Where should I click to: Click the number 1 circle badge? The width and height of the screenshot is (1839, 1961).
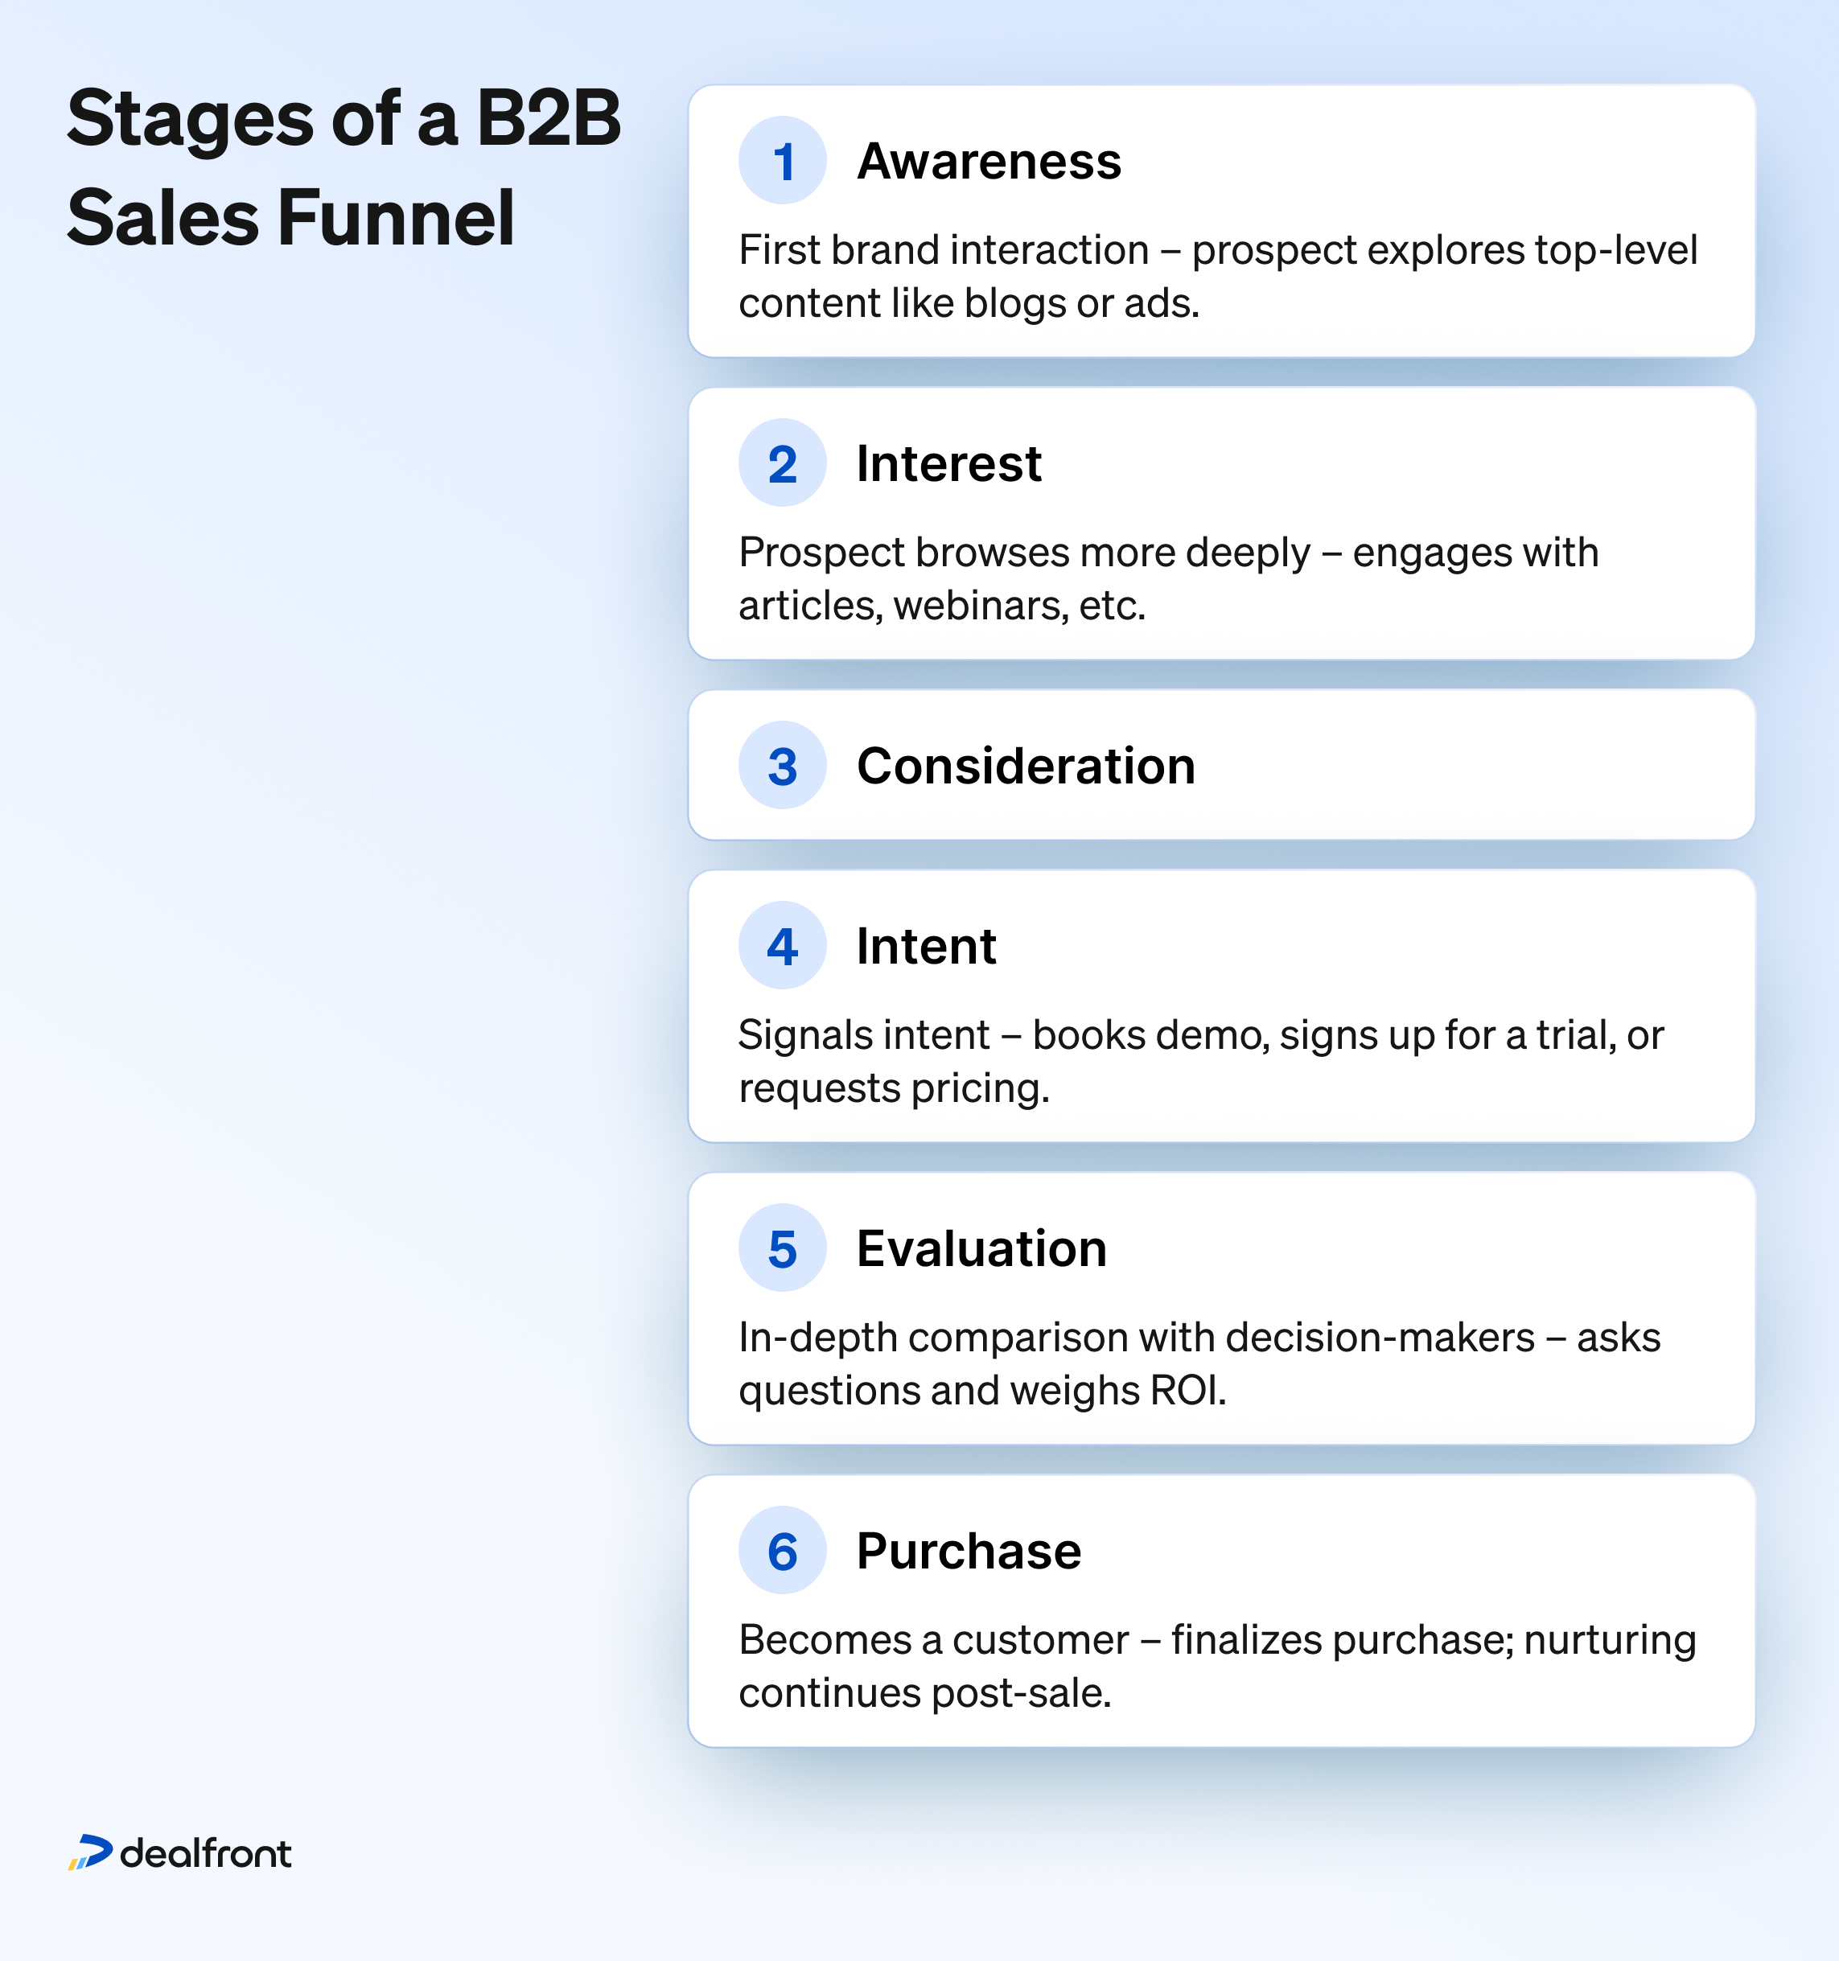[783, 161]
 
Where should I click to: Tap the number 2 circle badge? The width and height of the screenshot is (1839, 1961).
[783, 462]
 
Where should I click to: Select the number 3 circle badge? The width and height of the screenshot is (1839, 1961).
[783, 766]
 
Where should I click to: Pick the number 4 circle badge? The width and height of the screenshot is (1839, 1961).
[783, 946]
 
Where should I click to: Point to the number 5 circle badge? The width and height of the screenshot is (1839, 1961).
[783, 1248]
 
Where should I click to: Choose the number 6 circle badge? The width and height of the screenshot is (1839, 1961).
[783, 1551]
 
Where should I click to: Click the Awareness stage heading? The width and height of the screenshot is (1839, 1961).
[989, 161]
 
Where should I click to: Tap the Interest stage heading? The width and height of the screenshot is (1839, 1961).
[949, 463]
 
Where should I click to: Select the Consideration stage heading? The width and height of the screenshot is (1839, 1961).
[1026, 766]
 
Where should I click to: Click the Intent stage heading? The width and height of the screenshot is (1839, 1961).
[927, 946]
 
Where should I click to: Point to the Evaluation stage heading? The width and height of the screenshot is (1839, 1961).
[981, 1249]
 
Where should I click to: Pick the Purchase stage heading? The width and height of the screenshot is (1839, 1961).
[969, 1551]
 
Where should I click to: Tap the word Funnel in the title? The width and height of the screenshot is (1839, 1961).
[397, 218]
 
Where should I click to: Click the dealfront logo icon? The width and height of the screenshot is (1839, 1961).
[91, 1852]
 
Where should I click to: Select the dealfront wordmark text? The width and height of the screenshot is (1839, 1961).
[205, 1853]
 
